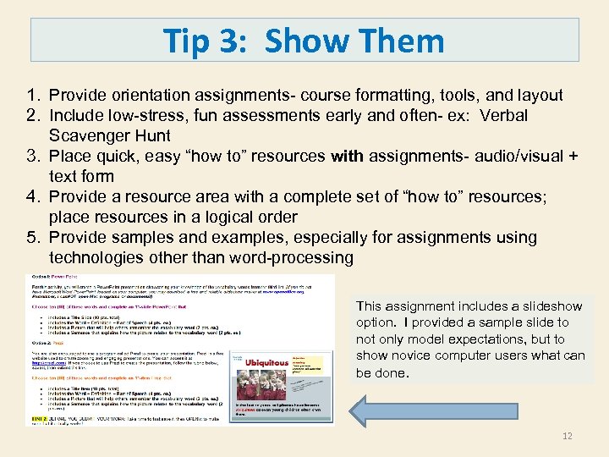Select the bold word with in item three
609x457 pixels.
(x=347, y=157)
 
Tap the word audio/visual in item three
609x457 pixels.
(x=513, y=157)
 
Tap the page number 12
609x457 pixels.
(x=567, y=436)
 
